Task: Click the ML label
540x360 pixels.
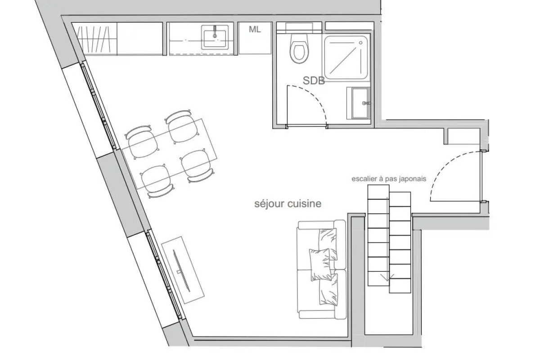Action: coord(255,29)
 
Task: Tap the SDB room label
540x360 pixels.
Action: coord(314,81)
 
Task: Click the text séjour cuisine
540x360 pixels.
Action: coord(288,204)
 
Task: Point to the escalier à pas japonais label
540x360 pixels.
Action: coord(389,179)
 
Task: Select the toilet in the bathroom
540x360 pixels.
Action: coord(299,49)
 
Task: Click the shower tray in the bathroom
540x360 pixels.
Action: coord(346,58)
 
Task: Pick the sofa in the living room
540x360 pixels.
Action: coord(322,270)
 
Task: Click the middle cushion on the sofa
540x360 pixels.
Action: coord(320,265)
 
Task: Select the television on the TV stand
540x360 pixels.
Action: coord(182,271)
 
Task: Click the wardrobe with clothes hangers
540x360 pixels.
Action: coord(94,39)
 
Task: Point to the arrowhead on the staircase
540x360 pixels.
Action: coord(387,278)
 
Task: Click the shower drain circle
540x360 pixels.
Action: coord(360,43)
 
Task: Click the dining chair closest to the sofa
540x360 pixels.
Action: coord(197,166)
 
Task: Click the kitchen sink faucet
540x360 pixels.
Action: coord(215,31)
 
